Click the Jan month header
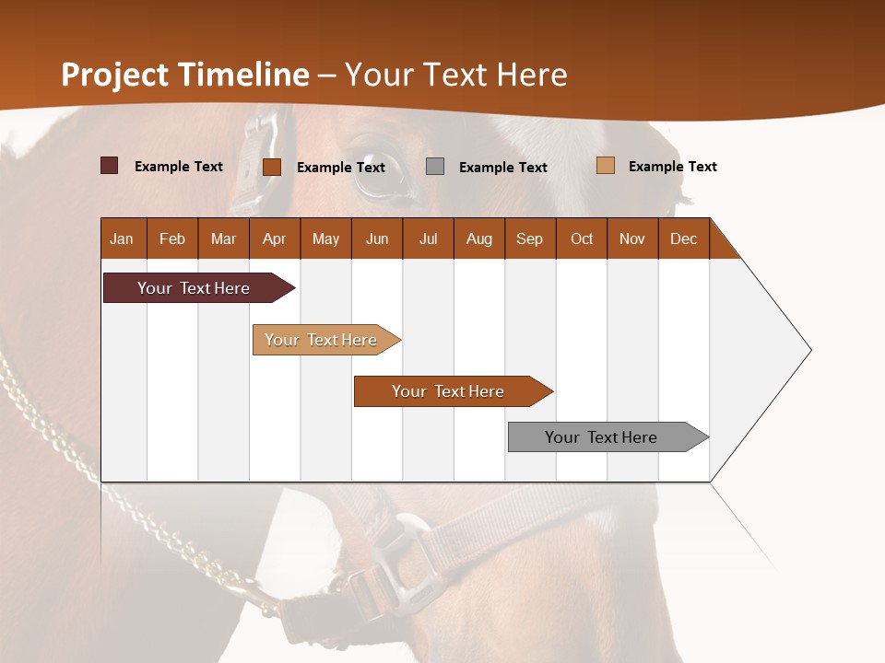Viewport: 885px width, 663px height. [x=123, y=238]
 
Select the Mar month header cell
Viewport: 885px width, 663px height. [x=223, y=238]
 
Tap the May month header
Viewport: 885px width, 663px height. [x=325, y=238]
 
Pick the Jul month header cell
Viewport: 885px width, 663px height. [x=428, y=238]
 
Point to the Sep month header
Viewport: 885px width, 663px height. [x=529, y=238]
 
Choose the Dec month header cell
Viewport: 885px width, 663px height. [x=683, y=238]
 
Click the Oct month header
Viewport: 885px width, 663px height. [x=581, y=238]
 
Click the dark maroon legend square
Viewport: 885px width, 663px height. [x=110, y=166]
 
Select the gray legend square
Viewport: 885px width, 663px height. [x=435, y=167]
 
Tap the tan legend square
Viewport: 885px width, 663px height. [x=605, y=166]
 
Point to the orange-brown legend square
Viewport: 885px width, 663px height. [x=272, y=167]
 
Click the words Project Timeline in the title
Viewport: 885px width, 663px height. [x=184, y=75]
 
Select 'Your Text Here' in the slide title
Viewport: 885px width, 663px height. [x=455, y=75]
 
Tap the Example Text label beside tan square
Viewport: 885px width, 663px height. [x=672, y=167]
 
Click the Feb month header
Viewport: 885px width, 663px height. [x=172, y=238]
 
